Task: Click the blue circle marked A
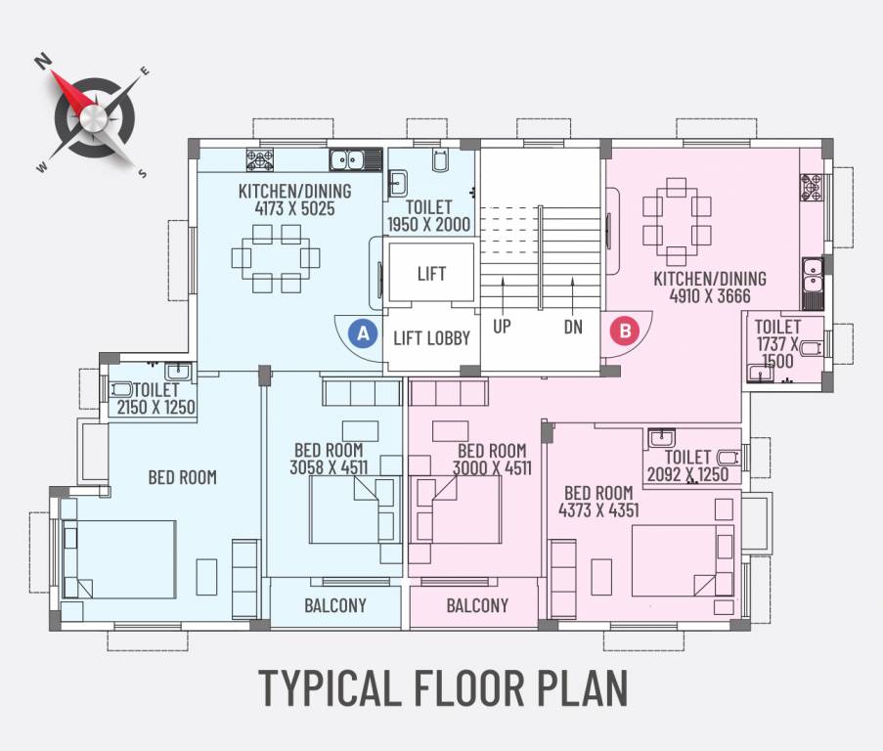click(x=363, y=333)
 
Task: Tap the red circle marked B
click(x=624, y=331)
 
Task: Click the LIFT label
click(x=431, y=274)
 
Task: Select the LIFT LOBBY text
click(x=431, y=338)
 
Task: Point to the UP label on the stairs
click(x=502, y=327)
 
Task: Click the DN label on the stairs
click(x=573, y=327)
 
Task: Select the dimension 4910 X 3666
click(x=710, y=296)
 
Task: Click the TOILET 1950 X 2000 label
click(x=429, y=216)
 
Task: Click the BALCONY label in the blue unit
click(x=334, y=605)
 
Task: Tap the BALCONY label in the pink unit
click(x=477, y=605)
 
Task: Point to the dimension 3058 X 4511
click(x=329, y=467)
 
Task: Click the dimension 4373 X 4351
click(x=599, y=509)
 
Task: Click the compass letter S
click(x=143, y=173)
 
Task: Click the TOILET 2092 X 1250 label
click(x=687, y=466)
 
